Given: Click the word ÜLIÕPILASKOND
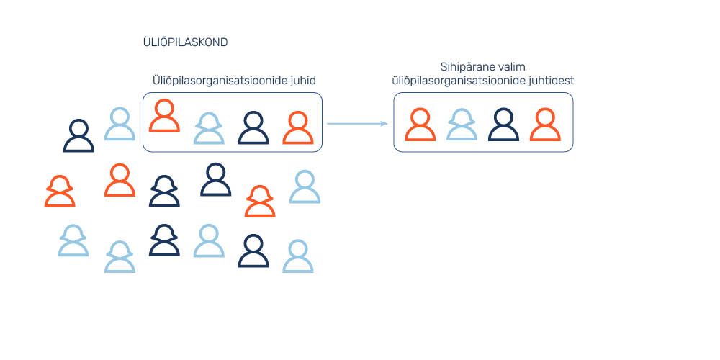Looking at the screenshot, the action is pyautogui.click(x=186, y=42).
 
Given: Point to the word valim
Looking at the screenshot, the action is pyautogui.click(x=510, y=67).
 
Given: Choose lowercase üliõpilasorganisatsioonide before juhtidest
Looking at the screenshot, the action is pyautogui.click(x=460, y=81).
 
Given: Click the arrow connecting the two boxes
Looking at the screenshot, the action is pyautogui.click(x=357, y=124).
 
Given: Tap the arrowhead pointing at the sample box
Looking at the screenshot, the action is pyautogui.click(x=384, y=124).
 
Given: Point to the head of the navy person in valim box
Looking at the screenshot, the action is pyautogui.click(x=504, y=117).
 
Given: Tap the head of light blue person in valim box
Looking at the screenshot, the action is pyautogui.click(x=462, y=118).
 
